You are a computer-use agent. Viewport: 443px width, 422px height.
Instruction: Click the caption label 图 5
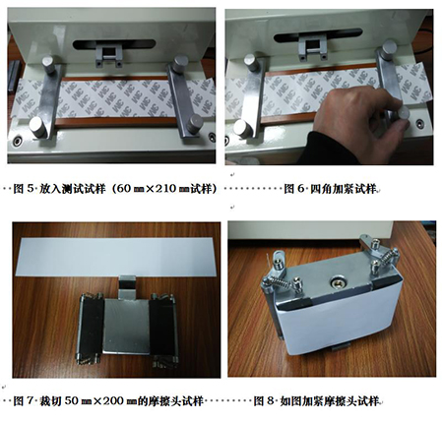coord(24,189)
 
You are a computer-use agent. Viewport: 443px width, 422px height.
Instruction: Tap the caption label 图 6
coord(294,189)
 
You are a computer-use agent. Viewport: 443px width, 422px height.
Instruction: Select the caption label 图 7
coord(24,401)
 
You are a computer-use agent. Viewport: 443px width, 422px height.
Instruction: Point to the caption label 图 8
coord(264,401)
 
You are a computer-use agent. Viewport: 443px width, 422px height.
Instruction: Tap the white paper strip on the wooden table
coord(116,257)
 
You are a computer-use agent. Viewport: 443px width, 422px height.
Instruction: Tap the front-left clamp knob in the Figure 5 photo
coord(37,127)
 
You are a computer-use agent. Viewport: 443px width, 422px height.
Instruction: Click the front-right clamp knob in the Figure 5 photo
coord(195,123)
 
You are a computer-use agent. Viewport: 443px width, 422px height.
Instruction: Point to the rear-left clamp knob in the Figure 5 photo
coord(48,64)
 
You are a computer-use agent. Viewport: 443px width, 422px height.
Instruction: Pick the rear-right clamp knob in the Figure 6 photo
coord(389,49)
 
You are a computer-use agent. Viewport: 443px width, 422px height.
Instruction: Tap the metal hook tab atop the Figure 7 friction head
coord(127,287)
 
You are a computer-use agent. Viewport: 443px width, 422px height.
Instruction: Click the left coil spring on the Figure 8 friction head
coord(282,283)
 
